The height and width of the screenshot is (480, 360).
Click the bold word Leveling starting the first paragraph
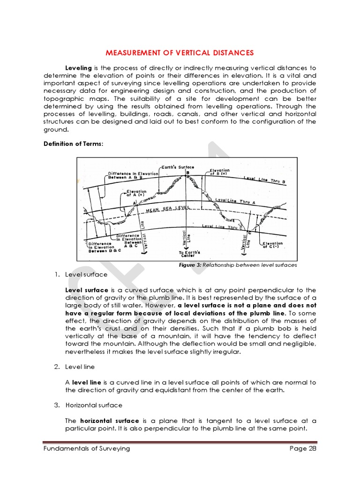pyautogui.click(x=78, y=68)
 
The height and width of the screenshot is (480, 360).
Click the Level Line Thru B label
pyautogui.click(x=265, y=179)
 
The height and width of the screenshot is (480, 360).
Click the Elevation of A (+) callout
pyautogui.click(x=136, y=193)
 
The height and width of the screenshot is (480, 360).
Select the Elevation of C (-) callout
pyautogui.click(x=272, y=245)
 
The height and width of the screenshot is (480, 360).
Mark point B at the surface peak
pyautogui.click(x=187, y=172)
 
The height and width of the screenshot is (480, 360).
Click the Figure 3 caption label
pyautogui.click(x=187, y=265)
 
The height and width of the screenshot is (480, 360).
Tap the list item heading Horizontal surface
pyautogui.click(x=94, y=405)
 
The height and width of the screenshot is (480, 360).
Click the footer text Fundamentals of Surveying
pyautogui.click(x=86, y=449)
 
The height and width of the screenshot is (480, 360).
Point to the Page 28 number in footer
pyautogui.click(x=303, y=449)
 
